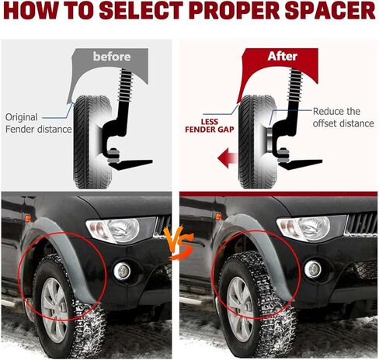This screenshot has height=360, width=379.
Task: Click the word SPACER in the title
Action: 330,10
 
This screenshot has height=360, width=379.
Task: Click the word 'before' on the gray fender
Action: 112,57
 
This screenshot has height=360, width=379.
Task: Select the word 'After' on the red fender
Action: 282,56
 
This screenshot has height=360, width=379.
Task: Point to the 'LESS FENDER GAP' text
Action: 210,126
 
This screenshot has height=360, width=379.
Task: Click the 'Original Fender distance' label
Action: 38,123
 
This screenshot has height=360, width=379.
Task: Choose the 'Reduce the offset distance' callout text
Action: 343,117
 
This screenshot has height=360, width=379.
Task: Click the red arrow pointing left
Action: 228,157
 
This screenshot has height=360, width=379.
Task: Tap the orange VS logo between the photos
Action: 179,244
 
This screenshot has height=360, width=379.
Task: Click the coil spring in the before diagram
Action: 126,84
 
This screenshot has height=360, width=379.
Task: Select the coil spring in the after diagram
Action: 295,84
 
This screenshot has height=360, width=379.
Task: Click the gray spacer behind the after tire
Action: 269,140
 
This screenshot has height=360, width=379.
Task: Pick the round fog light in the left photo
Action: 122,271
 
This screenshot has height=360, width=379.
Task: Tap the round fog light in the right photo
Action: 313,269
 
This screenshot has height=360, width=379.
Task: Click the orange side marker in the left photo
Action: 27,218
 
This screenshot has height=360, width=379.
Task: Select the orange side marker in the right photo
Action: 218,216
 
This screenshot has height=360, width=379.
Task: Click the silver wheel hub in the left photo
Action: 54,310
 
